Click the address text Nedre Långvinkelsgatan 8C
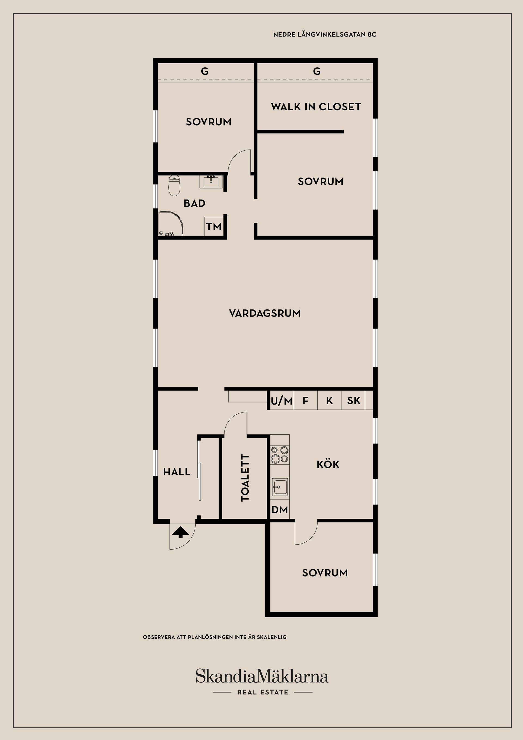coord(324,35)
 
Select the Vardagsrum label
coord(264,313)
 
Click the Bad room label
coord(194,203)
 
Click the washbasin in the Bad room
coord(211,181)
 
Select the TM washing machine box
coord(214,227)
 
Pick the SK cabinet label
coord(354,401)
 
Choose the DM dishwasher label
coord(279,509)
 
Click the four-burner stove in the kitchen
coord(279,454)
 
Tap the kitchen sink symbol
coord(279,487)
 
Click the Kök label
coord(328,465)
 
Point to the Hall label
coord(177,472)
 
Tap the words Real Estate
coord(263,692)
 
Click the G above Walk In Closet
coord(317,71)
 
